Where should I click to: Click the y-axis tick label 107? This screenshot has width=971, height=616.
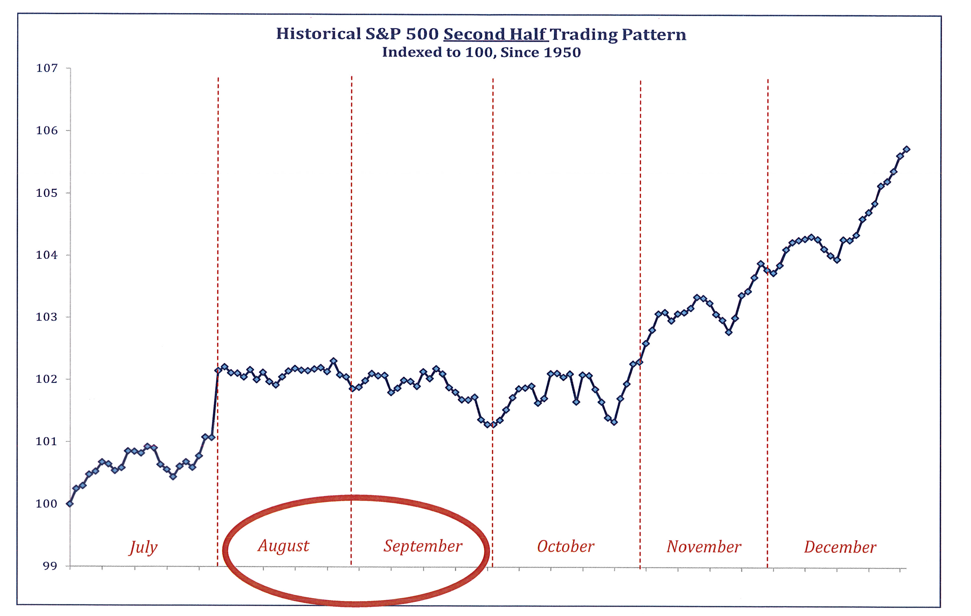47,68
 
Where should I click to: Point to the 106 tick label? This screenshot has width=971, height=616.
47,131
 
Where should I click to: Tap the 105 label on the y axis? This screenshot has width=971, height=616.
47,193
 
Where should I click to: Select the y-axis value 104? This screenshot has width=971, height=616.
47,255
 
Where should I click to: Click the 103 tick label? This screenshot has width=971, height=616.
47,317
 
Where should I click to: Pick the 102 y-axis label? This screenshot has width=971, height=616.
47,379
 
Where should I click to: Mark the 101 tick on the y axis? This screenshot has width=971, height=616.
47,442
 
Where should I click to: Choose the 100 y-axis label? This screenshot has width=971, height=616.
47,504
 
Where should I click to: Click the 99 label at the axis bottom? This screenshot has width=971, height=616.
50,566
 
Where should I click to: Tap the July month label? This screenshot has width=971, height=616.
143,547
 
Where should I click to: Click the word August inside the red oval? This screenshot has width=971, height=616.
284,546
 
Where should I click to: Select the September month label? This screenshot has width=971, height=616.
423,546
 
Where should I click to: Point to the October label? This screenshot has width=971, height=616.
565,547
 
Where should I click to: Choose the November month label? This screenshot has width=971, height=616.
704,547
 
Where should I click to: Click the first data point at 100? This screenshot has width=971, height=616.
70,504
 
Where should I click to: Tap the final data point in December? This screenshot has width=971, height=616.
907,149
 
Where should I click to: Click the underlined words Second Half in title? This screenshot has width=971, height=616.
496,35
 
